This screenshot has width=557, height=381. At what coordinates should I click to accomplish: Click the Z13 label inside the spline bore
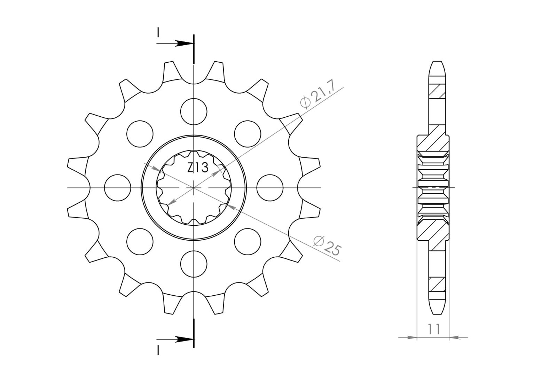pyautogui.click(x=198, y=168)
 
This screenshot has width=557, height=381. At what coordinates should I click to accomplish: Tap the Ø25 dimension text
pyautogui.click(x=328, y=246)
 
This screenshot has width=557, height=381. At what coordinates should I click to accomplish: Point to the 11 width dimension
pyautogui.click(x=434, y=329)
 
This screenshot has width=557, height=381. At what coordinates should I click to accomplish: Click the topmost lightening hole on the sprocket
pyautogui.click(x=194, y=111)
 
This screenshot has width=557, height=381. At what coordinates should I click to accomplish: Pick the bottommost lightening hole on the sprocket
pyautogui.click(x=194, y=264)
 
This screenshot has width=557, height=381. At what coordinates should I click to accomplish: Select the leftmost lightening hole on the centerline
pyautogui.click(x=118, y=188)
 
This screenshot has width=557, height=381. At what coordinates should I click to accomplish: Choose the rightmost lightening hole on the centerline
pyautogui.click(x=270, y=188)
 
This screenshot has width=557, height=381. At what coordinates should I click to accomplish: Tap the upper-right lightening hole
pyautogui.click(x=248, y=134)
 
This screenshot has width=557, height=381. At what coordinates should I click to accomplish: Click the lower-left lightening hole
pyautogui.click(x=140, y=241)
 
